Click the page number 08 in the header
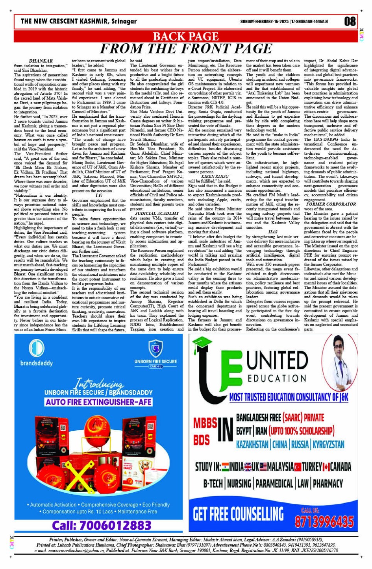coord(350,21)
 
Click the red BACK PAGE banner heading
coord(185,37)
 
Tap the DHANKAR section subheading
coord(41,61)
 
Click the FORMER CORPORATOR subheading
coord(331,204)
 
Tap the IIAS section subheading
coord(272,232)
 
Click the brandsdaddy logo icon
coord(36,348)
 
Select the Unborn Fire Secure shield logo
coord(155,349)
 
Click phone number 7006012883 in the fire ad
coord(102,525)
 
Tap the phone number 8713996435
coord(324,521)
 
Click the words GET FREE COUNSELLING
coord(238,514)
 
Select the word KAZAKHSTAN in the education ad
coord(252,445)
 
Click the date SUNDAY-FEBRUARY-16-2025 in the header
coord(264,21)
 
